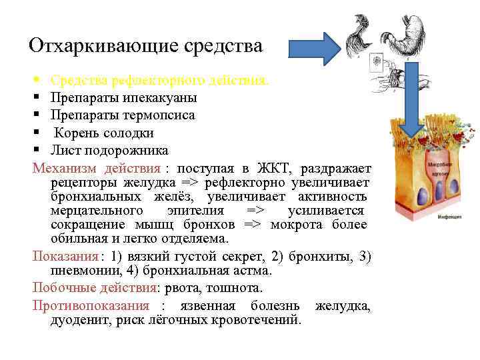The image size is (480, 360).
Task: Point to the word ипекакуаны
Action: pos(160,98)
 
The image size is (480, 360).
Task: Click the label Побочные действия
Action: pos(94,289)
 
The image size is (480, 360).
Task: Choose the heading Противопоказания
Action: pos(91,306)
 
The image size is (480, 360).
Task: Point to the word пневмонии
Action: pos(79,271)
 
